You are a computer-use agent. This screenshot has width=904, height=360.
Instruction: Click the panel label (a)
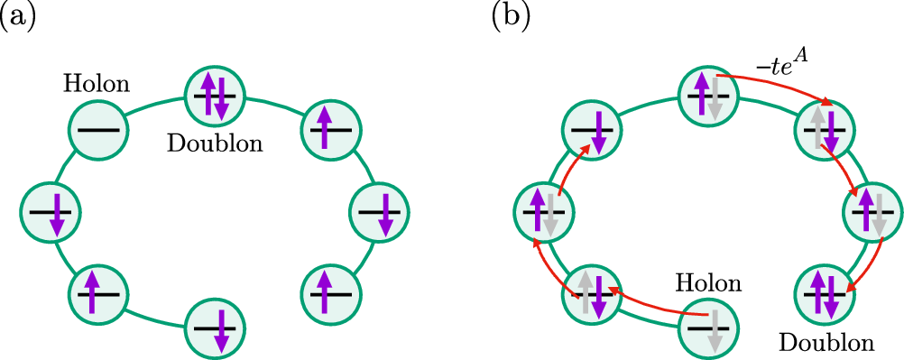[x=18, y=17]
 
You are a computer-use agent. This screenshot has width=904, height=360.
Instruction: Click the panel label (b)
[x=512, y=17]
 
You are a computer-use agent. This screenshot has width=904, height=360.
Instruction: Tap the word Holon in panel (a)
[x=96, y=85]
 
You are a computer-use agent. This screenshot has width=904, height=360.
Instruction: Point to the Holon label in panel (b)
[x=708, y=285]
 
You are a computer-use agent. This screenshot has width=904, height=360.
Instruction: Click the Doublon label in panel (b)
[x=827, y=343]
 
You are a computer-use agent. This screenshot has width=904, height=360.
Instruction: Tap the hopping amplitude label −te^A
[x=783, y=63]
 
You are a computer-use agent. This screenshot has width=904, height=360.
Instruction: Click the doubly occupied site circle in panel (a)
[x=214, y=93]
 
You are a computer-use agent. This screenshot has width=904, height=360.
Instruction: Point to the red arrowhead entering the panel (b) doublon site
[x=853, y=287]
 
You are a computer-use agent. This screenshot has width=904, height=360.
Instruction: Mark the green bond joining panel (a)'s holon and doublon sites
[x=152, y=106]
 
